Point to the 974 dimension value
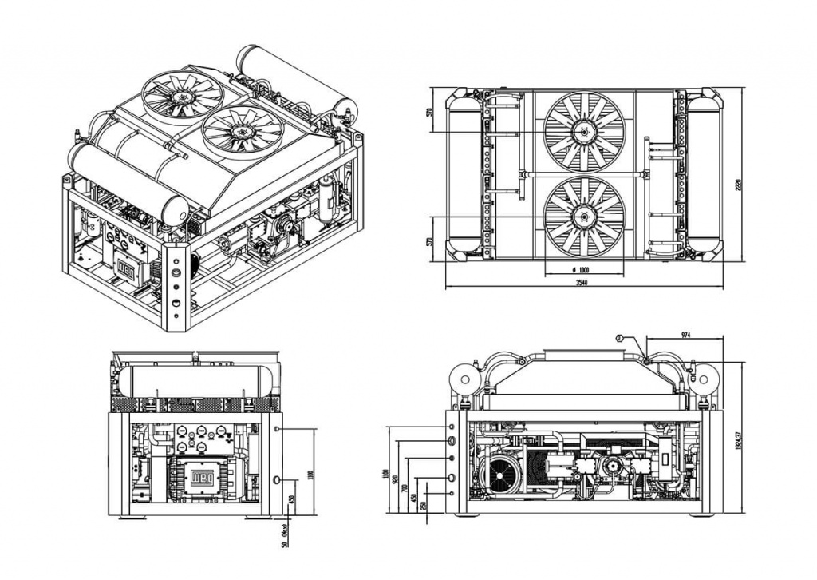[685, 333]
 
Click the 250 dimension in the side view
[423, 505]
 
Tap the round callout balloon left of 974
[619, 338]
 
